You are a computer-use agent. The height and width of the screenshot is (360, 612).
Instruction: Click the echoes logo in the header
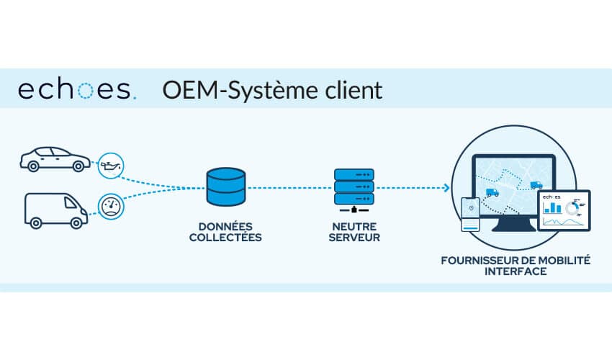[76, 91]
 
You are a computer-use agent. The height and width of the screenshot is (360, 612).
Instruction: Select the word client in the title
[351, 91]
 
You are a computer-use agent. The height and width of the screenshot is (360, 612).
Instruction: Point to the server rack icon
[354, 189]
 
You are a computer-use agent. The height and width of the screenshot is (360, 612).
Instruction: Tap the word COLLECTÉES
[225, 237]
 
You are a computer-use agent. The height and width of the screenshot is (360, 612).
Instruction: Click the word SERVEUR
[354, 237]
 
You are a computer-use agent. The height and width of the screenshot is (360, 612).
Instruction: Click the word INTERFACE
[516, 271]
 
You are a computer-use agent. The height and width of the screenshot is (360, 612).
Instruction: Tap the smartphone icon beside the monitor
[471, 214]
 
